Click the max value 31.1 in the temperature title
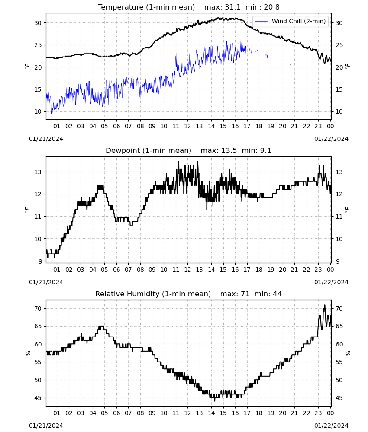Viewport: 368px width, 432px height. click(232, 7)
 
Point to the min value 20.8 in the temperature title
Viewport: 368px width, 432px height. click(271, 7)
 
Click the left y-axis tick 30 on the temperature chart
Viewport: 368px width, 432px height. click(38, 23)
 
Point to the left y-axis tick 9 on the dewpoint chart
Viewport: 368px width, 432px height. click(40, 261)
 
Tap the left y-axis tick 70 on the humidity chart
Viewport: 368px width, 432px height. click(38, 308)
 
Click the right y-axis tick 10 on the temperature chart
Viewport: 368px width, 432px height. click(339, 111)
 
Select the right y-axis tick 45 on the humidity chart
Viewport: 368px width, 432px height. click(339, 398)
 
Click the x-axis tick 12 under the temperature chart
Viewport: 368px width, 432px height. click(188, 126)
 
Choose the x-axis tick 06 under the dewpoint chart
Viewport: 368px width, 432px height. click(116, 270)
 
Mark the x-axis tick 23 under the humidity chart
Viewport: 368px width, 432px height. click(318, 413)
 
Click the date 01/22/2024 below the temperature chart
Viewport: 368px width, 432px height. click(331, 139)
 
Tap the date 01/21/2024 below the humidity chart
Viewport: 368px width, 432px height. click(46, 426)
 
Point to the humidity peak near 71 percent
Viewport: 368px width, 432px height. click(325, 305)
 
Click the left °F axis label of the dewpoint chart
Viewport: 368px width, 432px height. click(27, 209)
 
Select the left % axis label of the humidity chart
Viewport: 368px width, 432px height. click(28, 353)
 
